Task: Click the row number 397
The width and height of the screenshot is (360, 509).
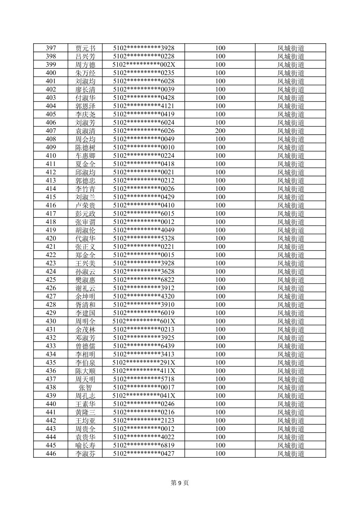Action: tap(51, 48)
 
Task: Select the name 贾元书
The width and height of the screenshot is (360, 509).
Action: tap(85, 48)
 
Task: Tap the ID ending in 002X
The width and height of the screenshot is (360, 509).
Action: tap(144, 65)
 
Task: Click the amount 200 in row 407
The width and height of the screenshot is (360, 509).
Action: tap(220, 131)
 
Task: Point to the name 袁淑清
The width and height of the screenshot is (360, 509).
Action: tap(85, 131)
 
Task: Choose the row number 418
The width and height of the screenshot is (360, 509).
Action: tap(51, 222)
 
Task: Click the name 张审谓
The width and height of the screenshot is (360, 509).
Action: tap(85, 222)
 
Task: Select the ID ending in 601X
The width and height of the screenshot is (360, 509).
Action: tap(144, 321)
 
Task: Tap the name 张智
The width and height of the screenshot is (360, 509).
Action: tap(85, 387)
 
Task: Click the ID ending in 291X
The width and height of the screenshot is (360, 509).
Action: tap(144, 363)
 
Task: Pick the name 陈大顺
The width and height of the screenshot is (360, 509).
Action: tap(85, 371)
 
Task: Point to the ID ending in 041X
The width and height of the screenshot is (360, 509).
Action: tap(144, 396)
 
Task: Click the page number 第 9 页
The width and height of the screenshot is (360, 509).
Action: tap(180, 483)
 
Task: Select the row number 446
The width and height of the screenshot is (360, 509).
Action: tap(51, 454)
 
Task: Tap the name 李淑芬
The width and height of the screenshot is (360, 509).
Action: tap(85, 454)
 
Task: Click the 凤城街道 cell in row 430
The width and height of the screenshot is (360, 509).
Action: tap(291, 321)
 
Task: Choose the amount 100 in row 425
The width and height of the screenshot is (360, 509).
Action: tap(220, 280)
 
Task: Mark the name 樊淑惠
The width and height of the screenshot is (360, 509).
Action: tap(85, 280)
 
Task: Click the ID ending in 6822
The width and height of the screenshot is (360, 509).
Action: tap(144, 280)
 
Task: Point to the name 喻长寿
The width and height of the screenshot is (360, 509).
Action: tap(85, 445)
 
